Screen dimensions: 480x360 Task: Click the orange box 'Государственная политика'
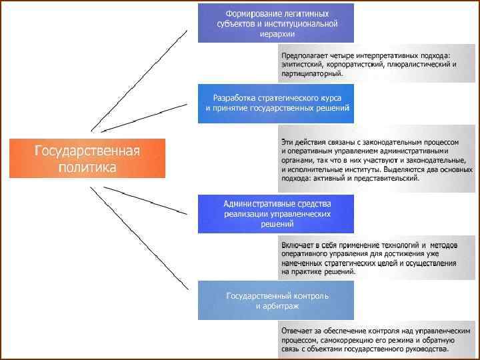[x=87, y=158]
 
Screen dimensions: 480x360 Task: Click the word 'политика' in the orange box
[x=87, y=167]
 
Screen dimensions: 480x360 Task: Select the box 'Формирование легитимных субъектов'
[x=276, y=23]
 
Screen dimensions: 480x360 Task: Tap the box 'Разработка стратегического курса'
[x=276, y=103]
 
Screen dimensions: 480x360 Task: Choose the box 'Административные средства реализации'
[x=276, y=213]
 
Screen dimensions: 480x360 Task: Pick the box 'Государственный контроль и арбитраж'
[x=276, y=300]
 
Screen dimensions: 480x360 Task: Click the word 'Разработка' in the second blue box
[x=233, y=97]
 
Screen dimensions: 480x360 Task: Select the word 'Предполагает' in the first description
[x=303, y=55]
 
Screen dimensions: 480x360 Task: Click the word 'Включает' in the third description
[x=297, y=245]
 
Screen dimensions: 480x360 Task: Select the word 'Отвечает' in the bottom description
[x=297, y=330]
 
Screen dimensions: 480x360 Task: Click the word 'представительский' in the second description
[x=387, y=178]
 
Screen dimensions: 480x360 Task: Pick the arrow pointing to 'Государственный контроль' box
[x=140, y=240]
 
